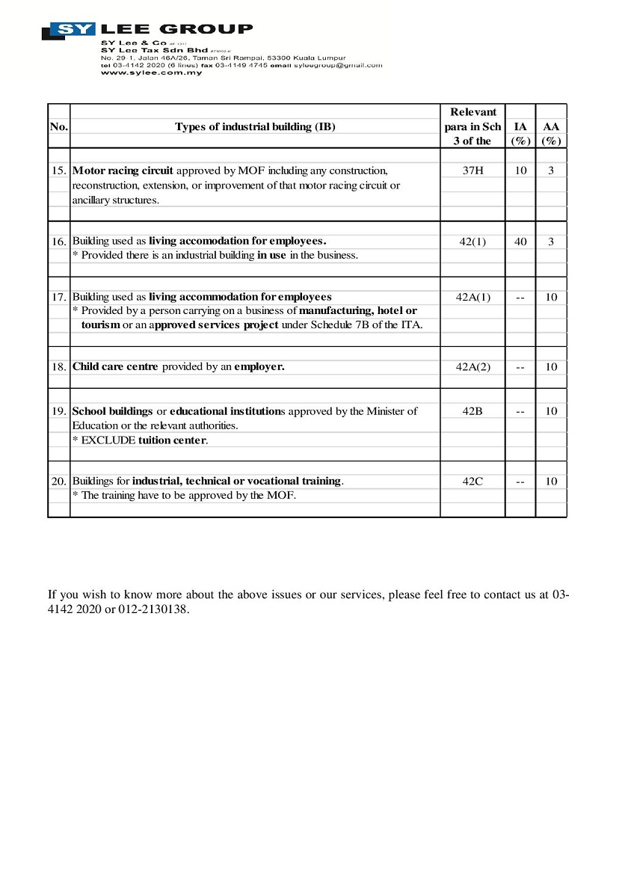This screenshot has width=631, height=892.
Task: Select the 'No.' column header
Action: coord(58,126)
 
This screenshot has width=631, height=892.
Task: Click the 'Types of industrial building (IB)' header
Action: coord(255,126)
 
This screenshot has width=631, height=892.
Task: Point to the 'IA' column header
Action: coord(520,127)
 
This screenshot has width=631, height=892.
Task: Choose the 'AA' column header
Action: coord(551,127)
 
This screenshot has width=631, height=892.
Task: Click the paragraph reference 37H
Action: coord(473,170)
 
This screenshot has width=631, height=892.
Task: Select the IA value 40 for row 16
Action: coord(520,242)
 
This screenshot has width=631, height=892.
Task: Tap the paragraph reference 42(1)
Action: coord(473,242)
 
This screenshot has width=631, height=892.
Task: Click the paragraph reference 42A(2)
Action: coord(473,367)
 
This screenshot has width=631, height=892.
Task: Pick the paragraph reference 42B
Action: coord(473,411)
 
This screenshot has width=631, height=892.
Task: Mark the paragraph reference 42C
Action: coord(473,482)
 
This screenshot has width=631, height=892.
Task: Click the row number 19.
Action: coord(59,411)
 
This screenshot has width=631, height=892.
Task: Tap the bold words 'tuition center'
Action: coord(172,440)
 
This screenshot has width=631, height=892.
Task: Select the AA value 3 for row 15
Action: coord(551,170)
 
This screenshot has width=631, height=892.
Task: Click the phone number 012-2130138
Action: coord(154,609)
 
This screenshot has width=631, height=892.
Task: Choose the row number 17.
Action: coord(59,297)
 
